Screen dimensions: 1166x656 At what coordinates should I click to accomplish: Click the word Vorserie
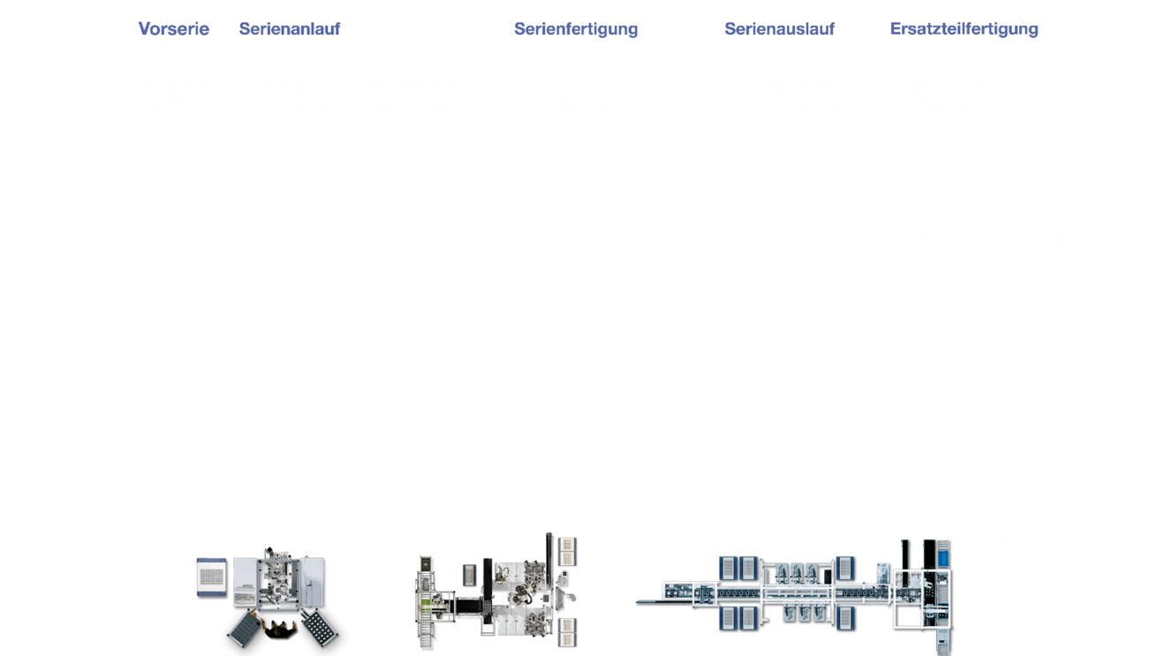click(173, 28)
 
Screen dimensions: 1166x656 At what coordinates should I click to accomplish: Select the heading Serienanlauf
click(290, 28)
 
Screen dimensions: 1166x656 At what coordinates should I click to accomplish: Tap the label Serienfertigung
click(576, 29)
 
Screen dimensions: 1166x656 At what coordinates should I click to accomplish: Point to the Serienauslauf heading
click(779, 28)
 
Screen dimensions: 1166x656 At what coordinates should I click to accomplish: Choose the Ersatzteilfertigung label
click(964, 29)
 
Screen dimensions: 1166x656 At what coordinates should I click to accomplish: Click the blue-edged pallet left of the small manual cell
click(211, 577)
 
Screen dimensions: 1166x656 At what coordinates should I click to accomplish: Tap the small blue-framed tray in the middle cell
click(470, 575)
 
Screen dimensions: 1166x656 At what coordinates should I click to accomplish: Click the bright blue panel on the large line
click(943, 559)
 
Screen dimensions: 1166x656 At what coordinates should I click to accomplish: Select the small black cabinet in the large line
click(828, 577)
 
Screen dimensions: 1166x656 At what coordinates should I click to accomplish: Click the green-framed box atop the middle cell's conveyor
click(426, 564)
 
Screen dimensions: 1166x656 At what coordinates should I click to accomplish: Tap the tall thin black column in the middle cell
click(549, 559)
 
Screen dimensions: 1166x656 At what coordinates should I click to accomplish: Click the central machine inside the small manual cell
click(278, 577)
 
